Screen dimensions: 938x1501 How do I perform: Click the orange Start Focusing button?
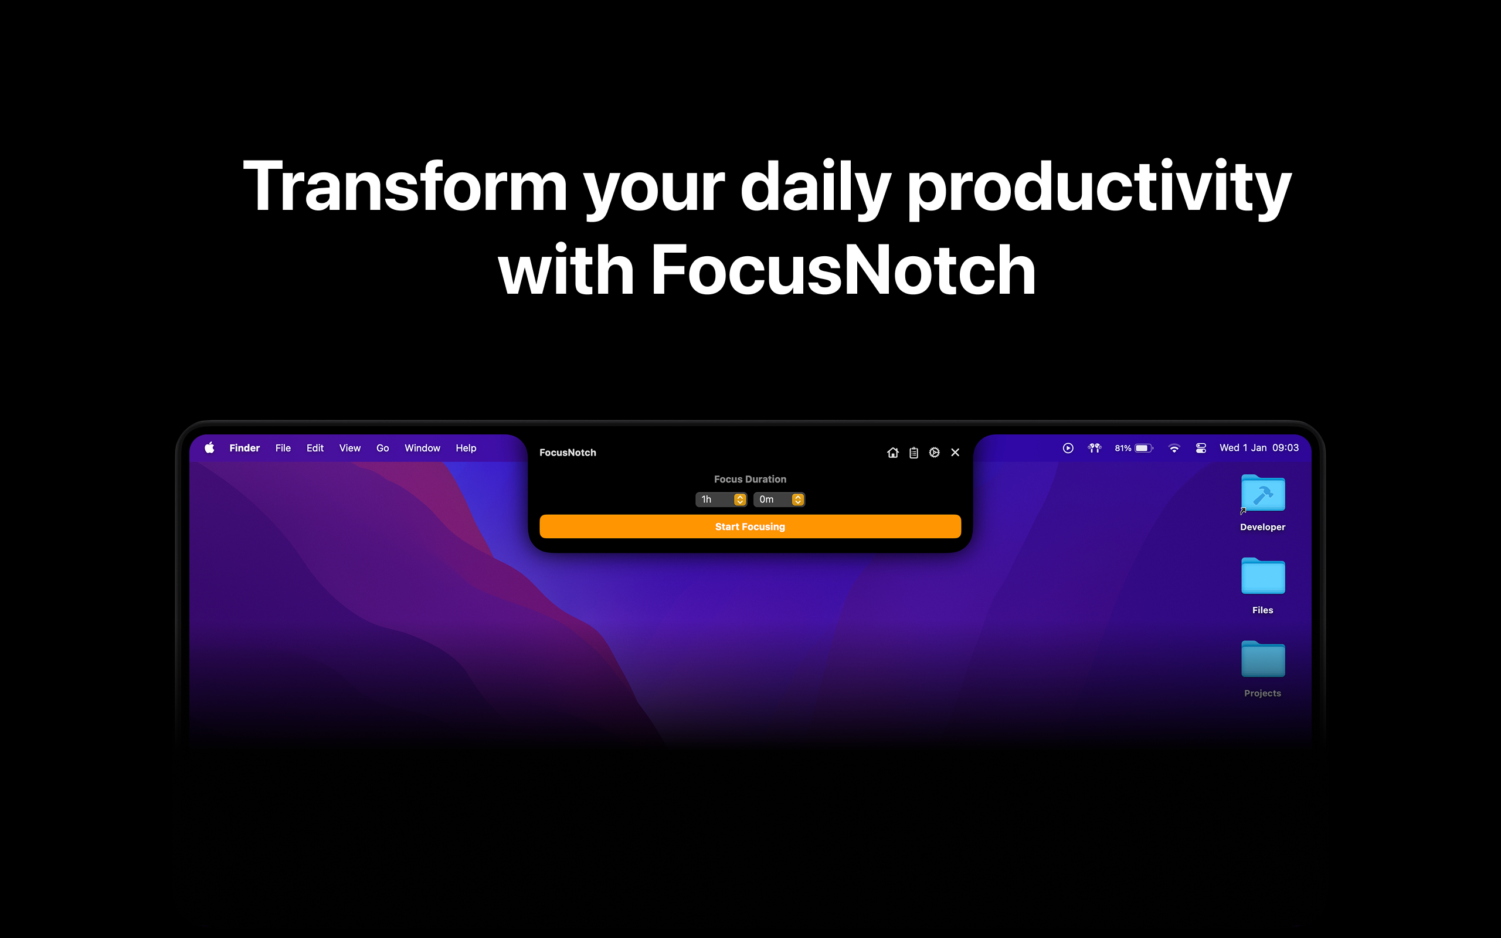pos(750,526)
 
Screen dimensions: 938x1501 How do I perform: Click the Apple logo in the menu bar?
pos(210,448)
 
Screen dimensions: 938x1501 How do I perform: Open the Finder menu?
pos(244,448)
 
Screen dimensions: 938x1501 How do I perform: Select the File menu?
pos(283,448)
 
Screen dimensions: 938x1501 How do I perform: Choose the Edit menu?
pos(315,448)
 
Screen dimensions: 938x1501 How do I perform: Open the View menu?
pos(350,448)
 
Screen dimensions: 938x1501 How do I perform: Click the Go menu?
pos(383,448)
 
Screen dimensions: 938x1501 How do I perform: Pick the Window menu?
pos(422,448)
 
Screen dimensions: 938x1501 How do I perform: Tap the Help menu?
pos(466,448)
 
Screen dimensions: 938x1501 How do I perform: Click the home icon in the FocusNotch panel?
pos(892,452)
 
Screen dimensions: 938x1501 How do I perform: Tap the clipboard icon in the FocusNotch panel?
pos(913,452)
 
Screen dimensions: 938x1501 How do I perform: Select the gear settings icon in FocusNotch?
pos(934,452)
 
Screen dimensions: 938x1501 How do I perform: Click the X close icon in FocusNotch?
pos(955,452)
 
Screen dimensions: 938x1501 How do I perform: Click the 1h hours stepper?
pos(739,499)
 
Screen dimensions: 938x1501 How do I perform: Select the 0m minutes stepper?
pos(797,499)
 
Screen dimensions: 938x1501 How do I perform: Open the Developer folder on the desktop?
pos(1263,493)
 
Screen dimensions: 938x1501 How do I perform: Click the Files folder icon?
pos(1263,576)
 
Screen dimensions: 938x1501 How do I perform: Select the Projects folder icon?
pos(1263,660)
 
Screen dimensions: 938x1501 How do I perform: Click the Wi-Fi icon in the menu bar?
pos(1173,448)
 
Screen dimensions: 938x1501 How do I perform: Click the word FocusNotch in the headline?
pos(843,270)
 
